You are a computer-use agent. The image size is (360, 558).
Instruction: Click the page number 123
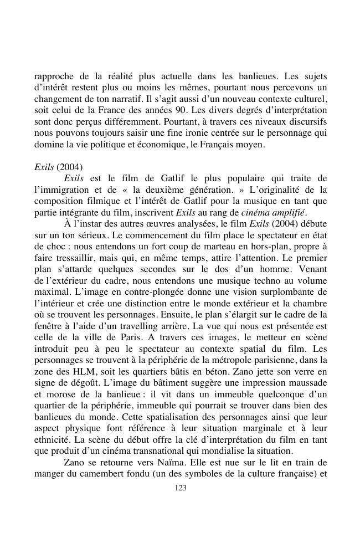tap(180, 488)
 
